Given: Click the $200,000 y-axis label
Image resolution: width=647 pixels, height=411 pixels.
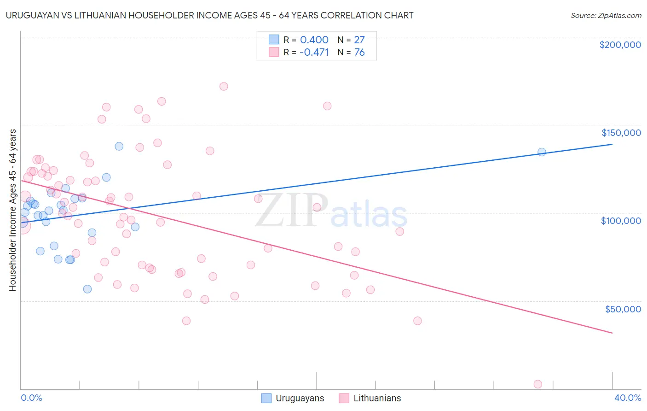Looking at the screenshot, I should click(620, 45).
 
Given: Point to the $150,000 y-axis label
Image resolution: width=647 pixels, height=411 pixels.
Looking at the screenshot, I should click(621, 133).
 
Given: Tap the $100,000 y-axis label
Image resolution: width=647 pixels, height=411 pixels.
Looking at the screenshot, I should click(621, 221).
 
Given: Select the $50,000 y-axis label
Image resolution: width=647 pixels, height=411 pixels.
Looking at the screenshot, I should click(623, 309).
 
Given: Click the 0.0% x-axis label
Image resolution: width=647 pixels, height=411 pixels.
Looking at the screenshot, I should click(31, 398).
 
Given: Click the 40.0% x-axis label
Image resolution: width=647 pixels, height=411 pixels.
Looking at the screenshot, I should click(627, 398).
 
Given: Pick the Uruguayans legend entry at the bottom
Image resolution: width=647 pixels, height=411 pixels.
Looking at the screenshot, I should click(293, 398).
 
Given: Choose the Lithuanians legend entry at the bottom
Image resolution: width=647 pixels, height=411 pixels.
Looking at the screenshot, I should click(370, 398).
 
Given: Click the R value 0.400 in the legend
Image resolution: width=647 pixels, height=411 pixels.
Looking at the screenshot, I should click(314, 40).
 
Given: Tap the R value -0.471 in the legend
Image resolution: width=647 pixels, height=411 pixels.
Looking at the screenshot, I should click(314, 52).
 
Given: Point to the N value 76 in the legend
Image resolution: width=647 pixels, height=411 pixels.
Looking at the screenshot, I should click(359, 52).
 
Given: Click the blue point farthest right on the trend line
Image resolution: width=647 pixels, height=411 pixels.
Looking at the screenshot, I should click(542, 152).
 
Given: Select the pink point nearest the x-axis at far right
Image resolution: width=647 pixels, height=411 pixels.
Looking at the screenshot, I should click(537, 384).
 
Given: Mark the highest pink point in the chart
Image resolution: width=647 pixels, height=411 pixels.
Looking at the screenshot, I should click(224, 86).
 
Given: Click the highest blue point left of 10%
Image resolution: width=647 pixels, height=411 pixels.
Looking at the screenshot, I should click(119, 146).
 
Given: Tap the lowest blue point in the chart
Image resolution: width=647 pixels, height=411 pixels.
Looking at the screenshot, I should click(87, 289).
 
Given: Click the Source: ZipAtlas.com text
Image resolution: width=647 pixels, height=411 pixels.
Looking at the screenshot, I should click(606, 15).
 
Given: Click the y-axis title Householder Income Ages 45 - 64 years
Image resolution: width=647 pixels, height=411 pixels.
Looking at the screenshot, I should click(13, 210).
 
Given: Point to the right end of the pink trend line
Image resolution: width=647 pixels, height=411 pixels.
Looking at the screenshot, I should click(612, 333).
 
